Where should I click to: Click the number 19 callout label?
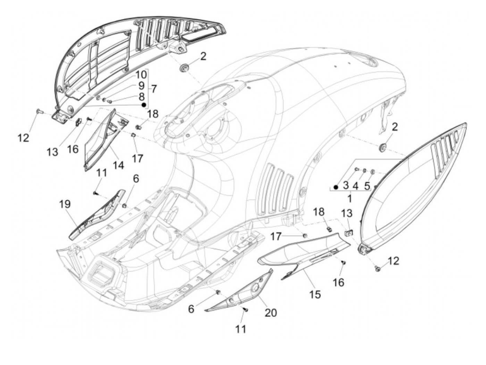point(65,204)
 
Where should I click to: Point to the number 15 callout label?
point(315,294)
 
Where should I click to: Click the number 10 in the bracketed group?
point(141,74)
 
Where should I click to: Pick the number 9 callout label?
point(141,85)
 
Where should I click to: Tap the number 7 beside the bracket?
point(153,89)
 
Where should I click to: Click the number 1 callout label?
point(349,199)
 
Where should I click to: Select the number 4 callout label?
point(355,186)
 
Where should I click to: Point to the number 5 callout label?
point(367,186)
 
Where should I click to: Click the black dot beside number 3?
point(336,187)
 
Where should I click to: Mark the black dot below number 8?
point(143,104)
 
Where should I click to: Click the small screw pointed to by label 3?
point(357,169)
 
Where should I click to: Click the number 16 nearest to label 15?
point(338,282)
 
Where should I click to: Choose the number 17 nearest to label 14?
point(137,158)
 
